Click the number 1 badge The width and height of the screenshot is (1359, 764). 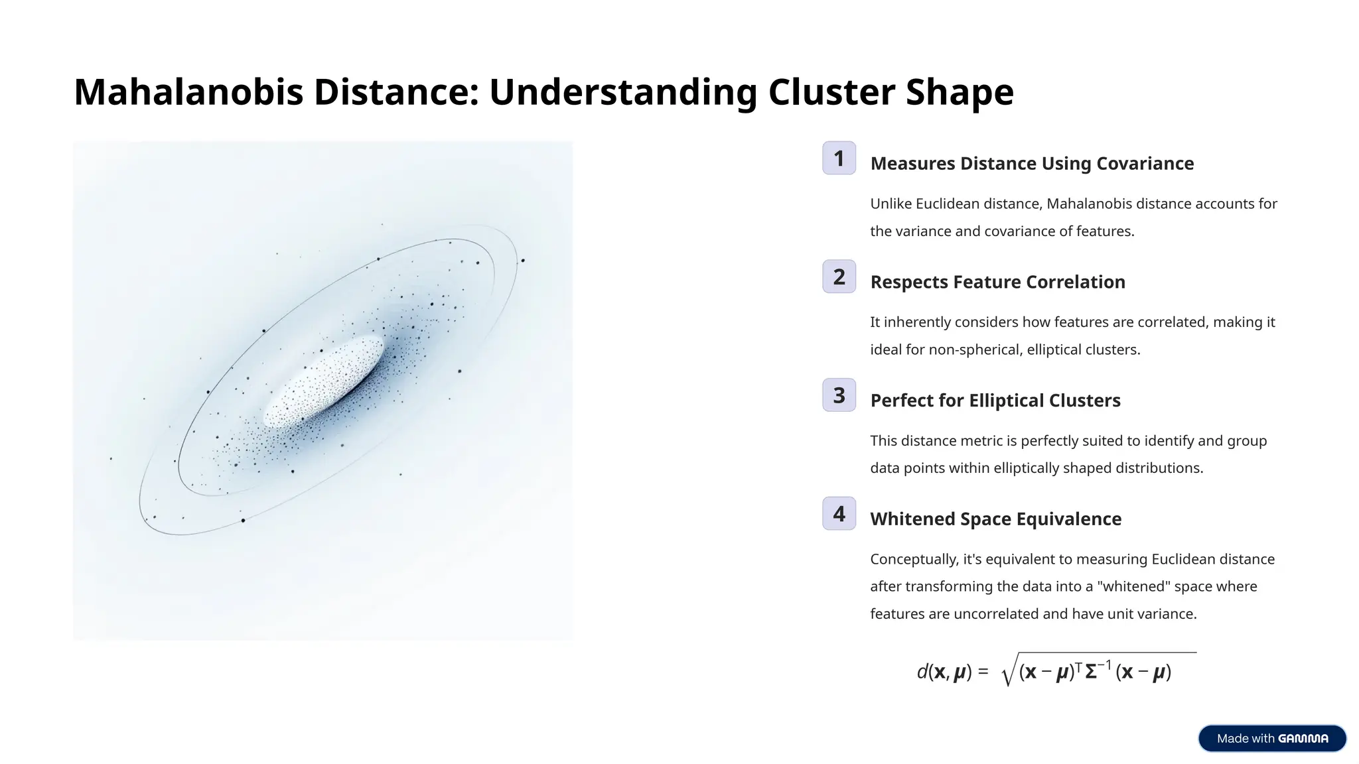[839, 158]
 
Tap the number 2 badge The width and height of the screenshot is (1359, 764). [839, 277]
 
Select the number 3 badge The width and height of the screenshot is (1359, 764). [839, 395]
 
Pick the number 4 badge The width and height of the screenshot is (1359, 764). [839, 513]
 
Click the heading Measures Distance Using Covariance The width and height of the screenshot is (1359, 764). [1032, 163]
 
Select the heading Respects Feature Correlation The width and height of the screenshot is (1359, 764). [997, 282]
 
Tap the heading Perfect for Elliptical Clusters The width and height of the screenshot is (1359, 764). [995, 401]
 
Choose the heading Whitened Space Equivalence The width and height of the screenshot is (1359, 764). [995, 519]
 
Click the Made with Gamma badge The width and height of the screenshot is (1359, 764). [1272, 738]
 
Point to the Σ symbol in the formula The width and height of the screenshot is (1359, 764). [1091, 672]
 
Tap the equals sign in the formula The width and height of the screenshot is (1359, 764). [983, 672]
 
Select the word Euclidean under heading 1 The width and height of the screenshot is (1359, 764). [948, 204]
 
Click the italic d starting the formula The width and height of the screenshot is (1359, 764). [922, 672]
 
